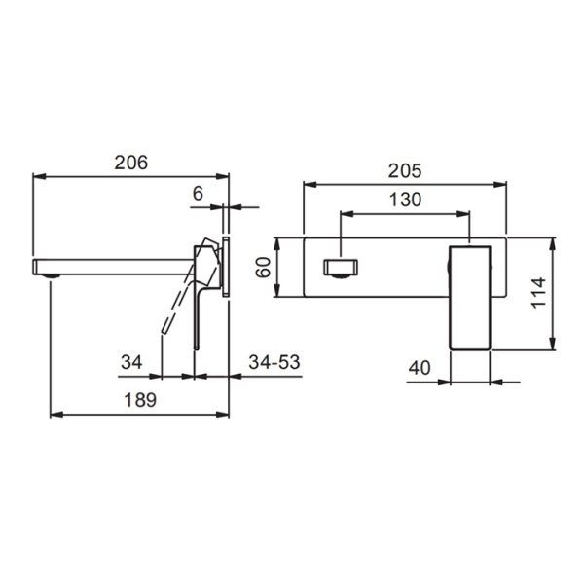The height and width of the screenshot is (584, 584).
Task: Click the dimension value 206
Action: pyautogui.click(x=131, y=164)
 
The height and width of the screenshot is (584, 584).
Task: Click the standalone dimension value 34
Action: pyautogui.click(x=131, y=362)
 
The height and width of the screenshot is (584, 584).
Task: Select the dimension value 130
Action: pyautogui.click(x=404, y=200)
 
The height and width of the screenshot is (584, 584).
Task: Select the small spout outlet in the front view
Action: pyautogui.click(x=340, y=268)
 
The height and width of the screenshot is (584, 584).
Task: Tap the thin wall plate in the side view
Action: pyautogui.click(x=227, y=265)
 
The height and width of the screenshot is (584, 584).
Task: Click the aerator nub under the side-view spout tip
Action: pyautogui.click(x=51, y=277)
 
